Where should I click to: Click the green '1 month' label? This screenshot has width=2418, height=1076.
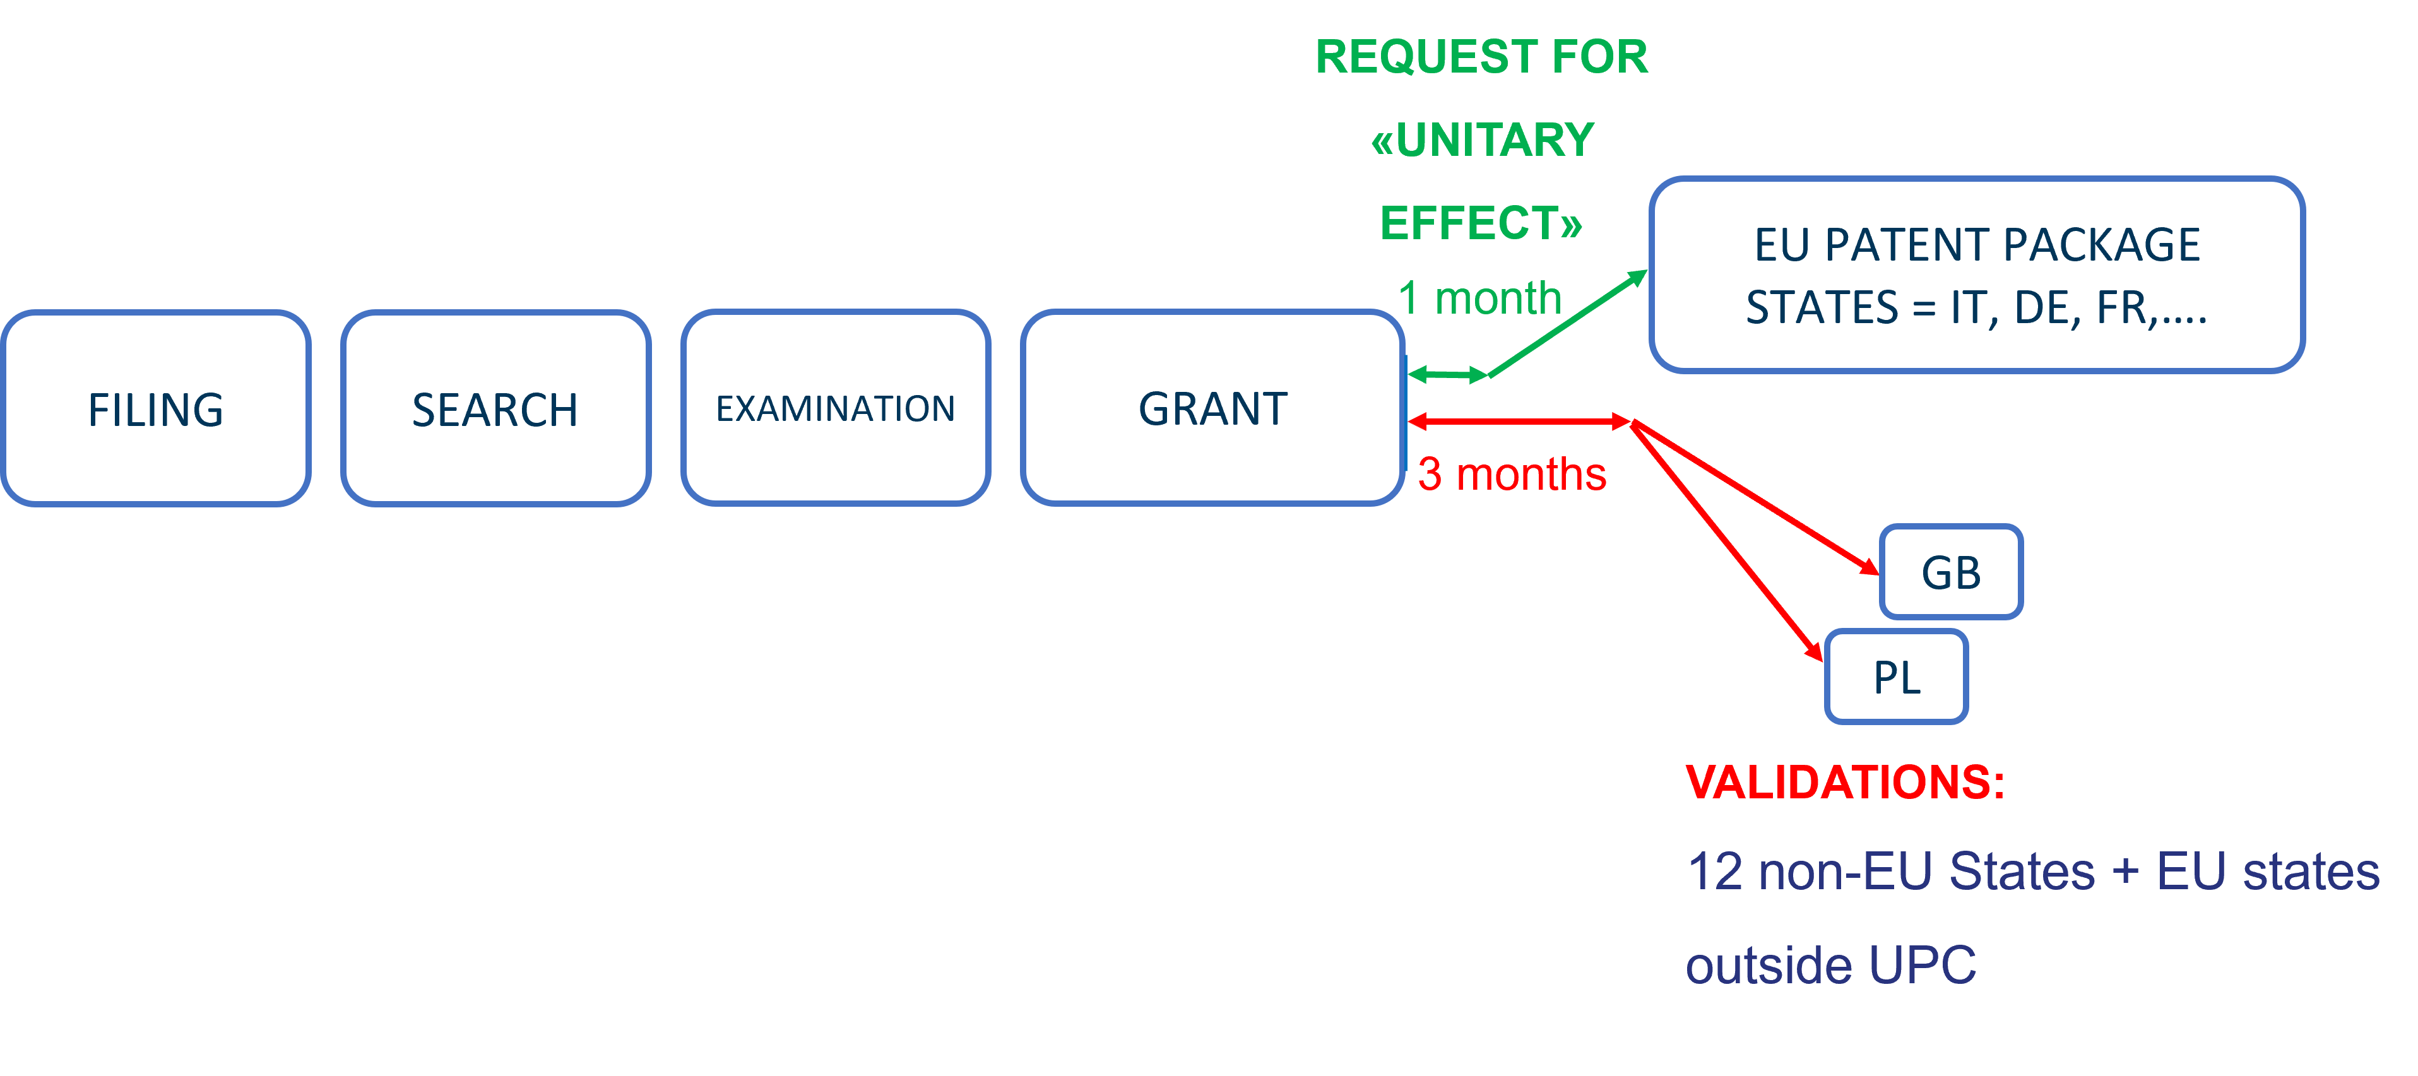[1479, 299]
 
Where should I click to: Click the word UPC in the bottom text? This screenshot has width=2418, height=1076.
[1923, 965]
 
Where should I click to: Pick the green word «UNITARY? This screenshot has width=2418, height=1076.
[1483, 140]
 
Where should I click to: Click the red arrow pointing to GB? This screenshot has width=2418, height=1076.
[1755, 498]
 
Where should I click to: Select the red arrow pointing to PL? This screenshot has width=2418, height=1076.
[1727, 540]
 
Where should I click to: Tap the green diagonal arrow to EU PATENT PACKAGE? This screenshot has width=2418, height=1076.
[1568, 324]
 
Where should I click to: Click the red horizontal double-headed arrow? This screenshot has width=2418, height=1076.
[1519, 423]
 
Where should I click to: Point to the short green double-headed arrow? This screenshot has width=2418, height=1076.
[1447, 375]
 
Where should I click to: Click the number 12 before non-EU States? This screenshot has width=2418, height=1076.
[1714, 872]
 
